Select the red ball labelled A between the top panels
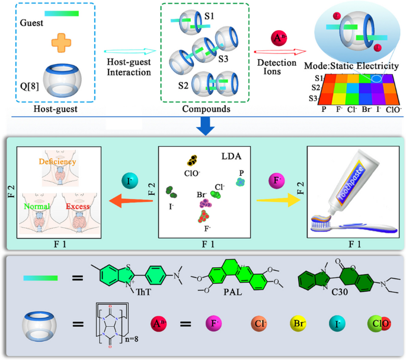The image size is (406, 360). click(x=277, y=40)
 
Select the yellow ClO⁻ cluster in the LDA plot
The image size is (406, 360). click(x=192, y=160)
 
